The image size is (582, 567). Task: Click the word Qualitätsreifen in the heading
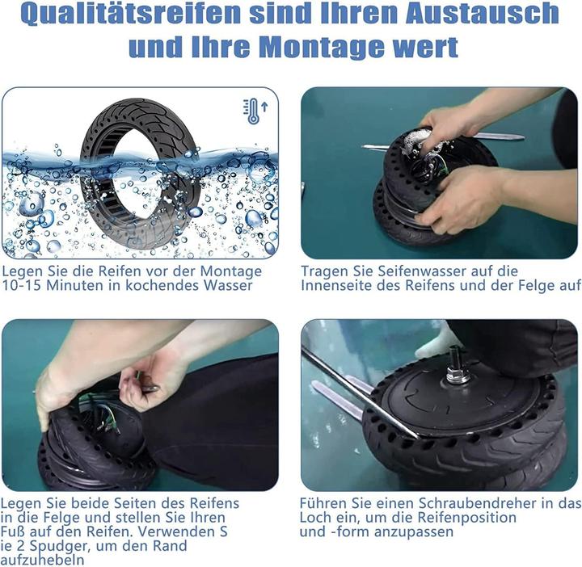pyautogui.click(x=131, y=14)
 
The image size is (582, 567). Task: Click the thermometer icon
pyautogui.click(x=252, y=111)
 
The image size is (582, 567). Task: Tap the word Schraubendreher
pyautogui.click(x=478, y=503)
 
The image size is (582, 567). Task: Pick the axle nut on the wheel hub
pyautogui.click(x=458, y=374)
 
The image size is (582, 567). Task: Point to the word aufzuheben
pyautogui.click(x=42, y=560)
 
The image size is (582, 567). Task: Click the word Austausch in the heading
pyautogui.click(x=482, y=14)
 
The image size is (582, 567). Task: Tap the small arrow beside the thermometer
pyautogui.click(x=264, y=107)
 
